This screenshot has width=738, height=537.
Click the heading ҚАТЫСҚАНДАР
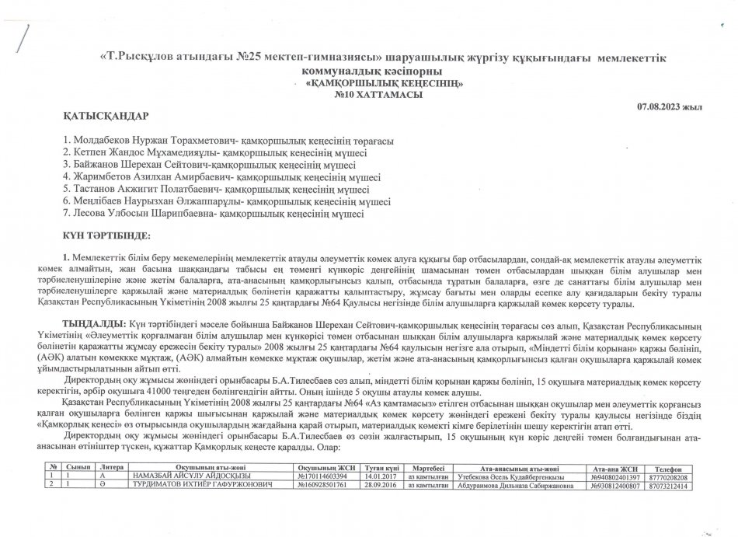tap(106, 116)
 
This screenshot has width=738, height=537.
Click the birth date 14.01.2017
tap(381, 476)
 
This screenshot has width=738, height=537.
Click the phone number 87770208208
tap(669, 476)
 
